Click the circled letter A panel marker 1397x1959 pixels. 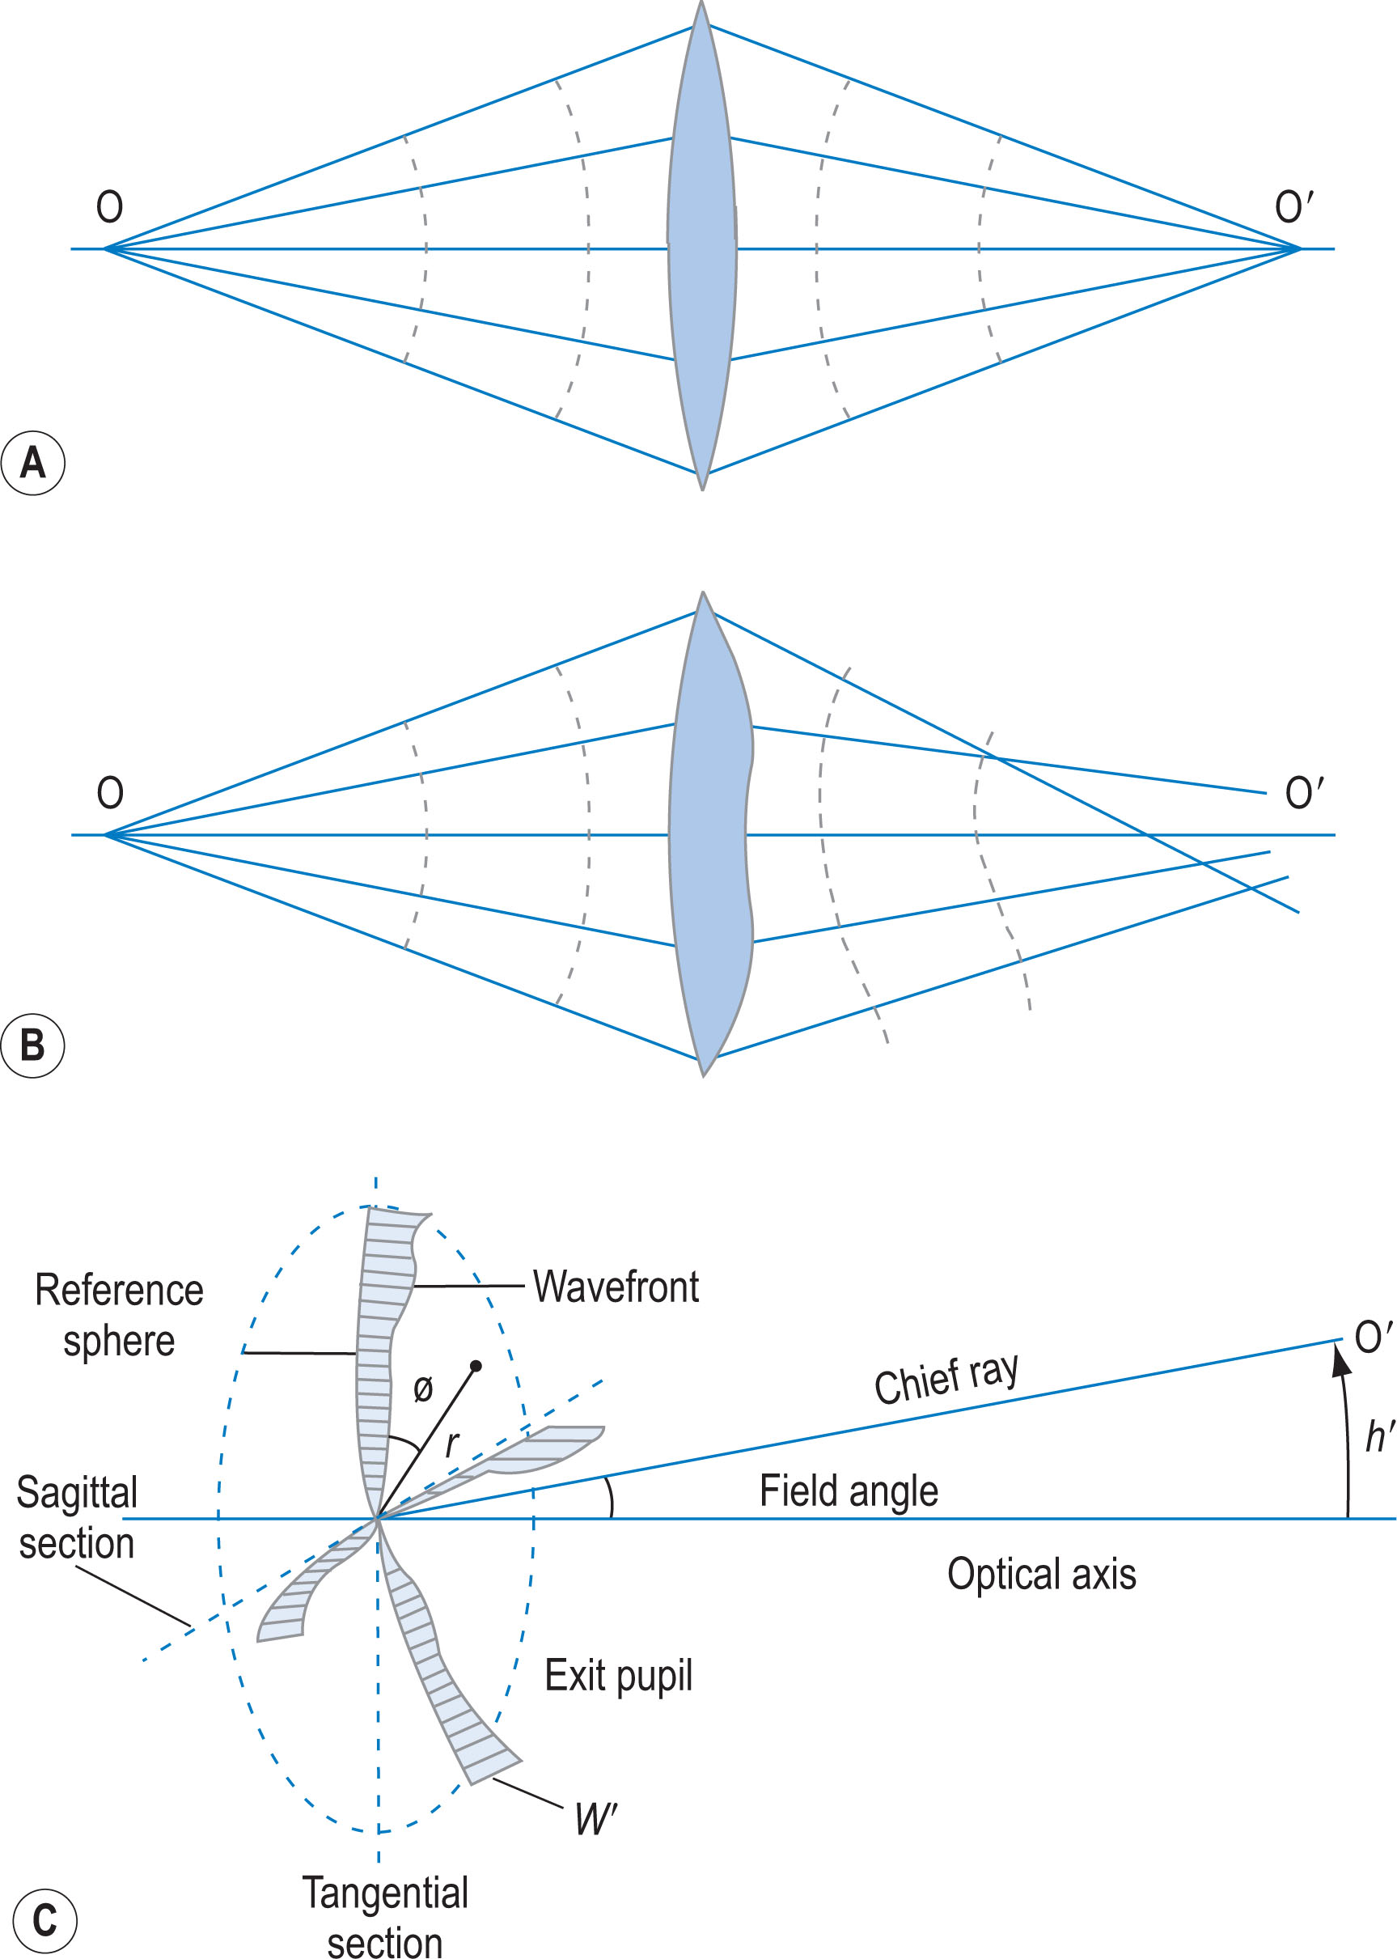(32, 464)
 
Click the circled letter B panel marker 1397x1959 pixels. (32, 1046)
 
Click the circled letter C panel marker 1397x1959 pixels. (44, 1920)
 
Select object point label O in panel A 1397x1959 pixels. (109, 207)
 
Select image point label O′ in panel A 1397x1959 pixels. (1293, 207)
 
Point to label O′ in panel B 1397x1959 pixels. (1303, 793)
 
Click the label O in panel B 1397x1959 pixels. (110, 793)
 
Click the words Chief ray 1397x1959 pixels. (946, 1377)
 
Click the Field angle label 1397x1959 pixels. (849, 1491)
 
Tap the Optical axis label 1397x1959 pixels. (1041, 1575)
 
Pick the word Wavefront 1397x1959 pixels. (615, 1287)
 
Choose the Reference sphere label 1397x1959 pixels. (119, 1316)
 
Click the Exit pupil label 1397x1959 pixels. (618, 1675)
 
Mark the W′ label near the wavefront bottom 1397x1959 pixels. (595, 1819)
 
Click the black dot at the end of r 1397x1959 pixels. (476, 1366)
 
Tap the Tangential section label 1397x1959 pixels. (384, 1918)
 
